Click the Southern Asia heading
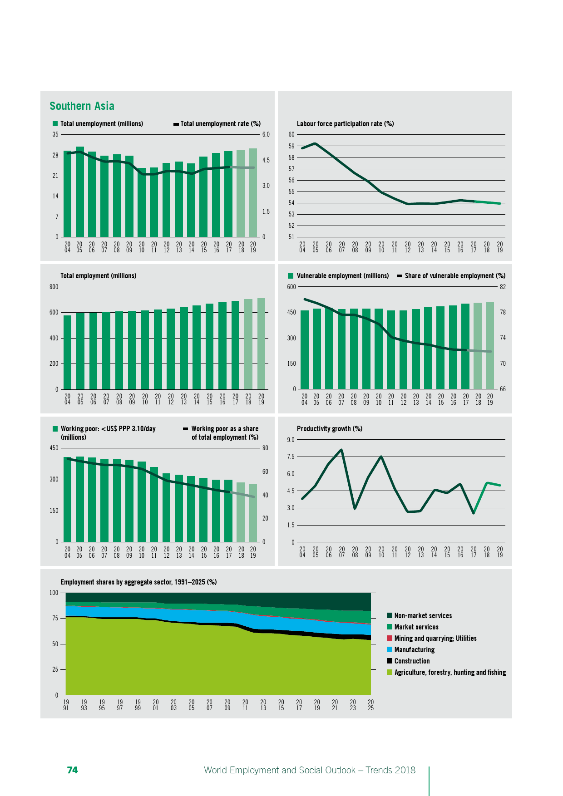82,106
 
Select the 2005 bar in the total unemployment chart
80,191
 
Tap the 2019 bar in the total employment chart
261,344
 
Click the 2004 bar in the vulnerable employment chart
304,349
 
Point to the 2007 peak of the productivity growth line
341,450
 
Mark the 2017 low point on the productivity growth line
474,513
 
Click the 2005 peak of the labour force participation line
315,143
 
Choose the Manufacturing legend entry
414,650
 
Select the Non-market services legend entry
423,616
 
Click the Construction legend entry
412,661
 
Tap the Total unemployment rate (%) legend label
220,124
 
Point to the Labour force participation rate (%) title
345,124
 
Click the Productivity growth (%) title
329,429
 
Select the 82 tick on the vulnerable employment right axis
503,287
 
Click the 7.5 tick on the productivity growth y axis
291,457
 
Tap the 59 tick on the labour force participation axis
291,146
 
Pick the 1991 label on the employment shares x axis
66,705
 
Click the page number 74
72,770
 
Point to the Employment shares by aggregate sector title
138,582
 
